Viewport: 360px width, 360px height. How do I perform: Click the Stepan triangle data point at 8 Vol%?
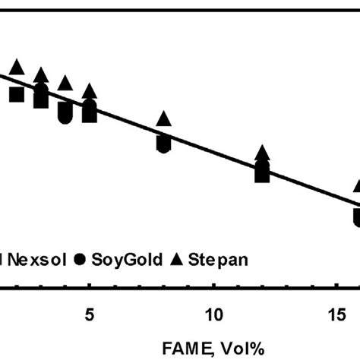click(x=163, y=119)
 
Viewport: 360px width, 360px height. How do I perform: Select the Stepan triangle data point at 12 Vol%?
click(x=262, y=154)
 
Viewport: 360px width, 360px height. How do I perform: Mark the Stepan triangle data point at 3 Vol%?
click(x=41, y=75)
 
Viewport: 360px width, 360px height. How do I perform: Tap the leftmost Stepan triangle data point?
click(x=17, y=67)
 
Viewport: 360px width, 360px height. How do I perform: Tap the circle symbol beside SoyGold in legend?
click(x=81, y=259)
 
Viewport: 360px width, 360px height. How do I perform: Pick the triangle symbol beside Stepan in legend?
click(x=176, y=259)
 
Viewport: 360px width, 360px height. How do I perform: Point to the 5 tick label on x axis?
click(x=90, y=312)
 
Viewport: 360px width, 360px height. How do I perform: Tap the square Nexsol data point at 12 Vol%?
click(x=262, y=174)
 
